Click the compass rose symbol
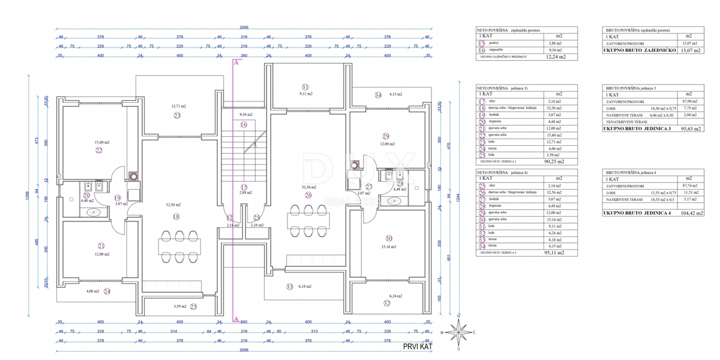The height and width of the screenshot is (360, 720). (x=459, y=331)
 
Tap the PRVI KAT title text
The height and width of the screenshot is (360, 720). (x=418, y=346)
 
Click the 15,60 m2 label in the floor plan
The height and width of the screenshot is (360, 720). (x=102, y=142)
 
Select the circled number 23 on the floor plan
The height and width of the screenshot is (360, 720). (x=177, y=115)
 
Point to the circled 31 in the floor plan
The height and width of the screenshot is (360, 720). (x=305, y=86)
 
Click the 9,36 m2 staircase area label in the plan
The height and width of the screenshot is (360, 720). (x=246, y=114)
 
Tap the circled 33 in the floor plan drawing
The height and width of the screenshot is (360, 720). (x=290, y=287)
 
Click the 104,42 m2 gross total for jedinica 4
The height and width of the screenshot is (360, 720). (x=692, y=212)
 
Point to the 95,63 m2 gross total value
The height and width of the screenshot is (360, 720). (x=692, y=128)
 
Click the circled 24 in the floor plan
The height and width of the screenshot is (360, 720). (x=107, y=292)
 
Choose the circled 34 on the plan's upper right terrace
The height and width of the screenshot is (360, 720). (x=378, y=95)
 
